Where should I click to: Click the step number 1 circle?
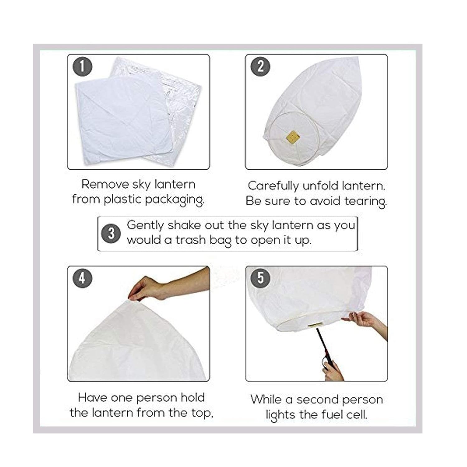click(83, 66)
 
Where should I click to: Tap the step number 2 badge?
click(260, 66)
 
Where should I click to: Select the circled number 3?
click(111, 233)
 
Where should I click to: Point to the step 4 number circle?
click(83, 278)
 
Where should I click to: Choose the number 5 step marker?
click(260, 278)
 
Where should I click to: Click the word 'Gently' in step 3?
click(145, 225)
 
